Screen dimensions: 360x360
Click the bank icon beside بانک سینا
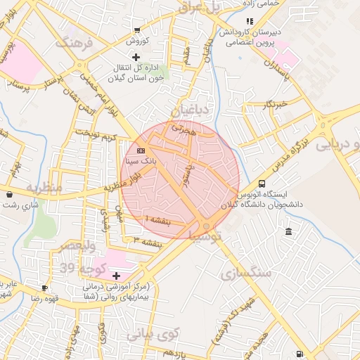pos(141,150)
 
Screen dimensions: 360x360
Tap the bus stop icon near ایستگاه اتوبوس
pos(262,182)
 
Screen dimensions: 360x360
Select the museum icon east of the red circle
pos(289,232)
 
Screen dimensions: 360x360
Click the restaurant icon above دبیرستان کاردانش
pos(250,21)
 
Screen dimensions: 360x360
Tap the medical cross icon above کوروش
pos(136,30)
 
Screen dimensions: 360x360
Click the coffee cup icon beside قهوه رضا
pos(45,288)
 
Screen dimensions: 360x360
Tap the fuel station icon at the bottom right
pos(300,354)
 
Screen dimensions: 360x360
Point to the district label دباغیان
pos(190,110)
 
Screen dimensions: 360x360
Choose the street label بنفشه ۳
pos(148,242)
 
